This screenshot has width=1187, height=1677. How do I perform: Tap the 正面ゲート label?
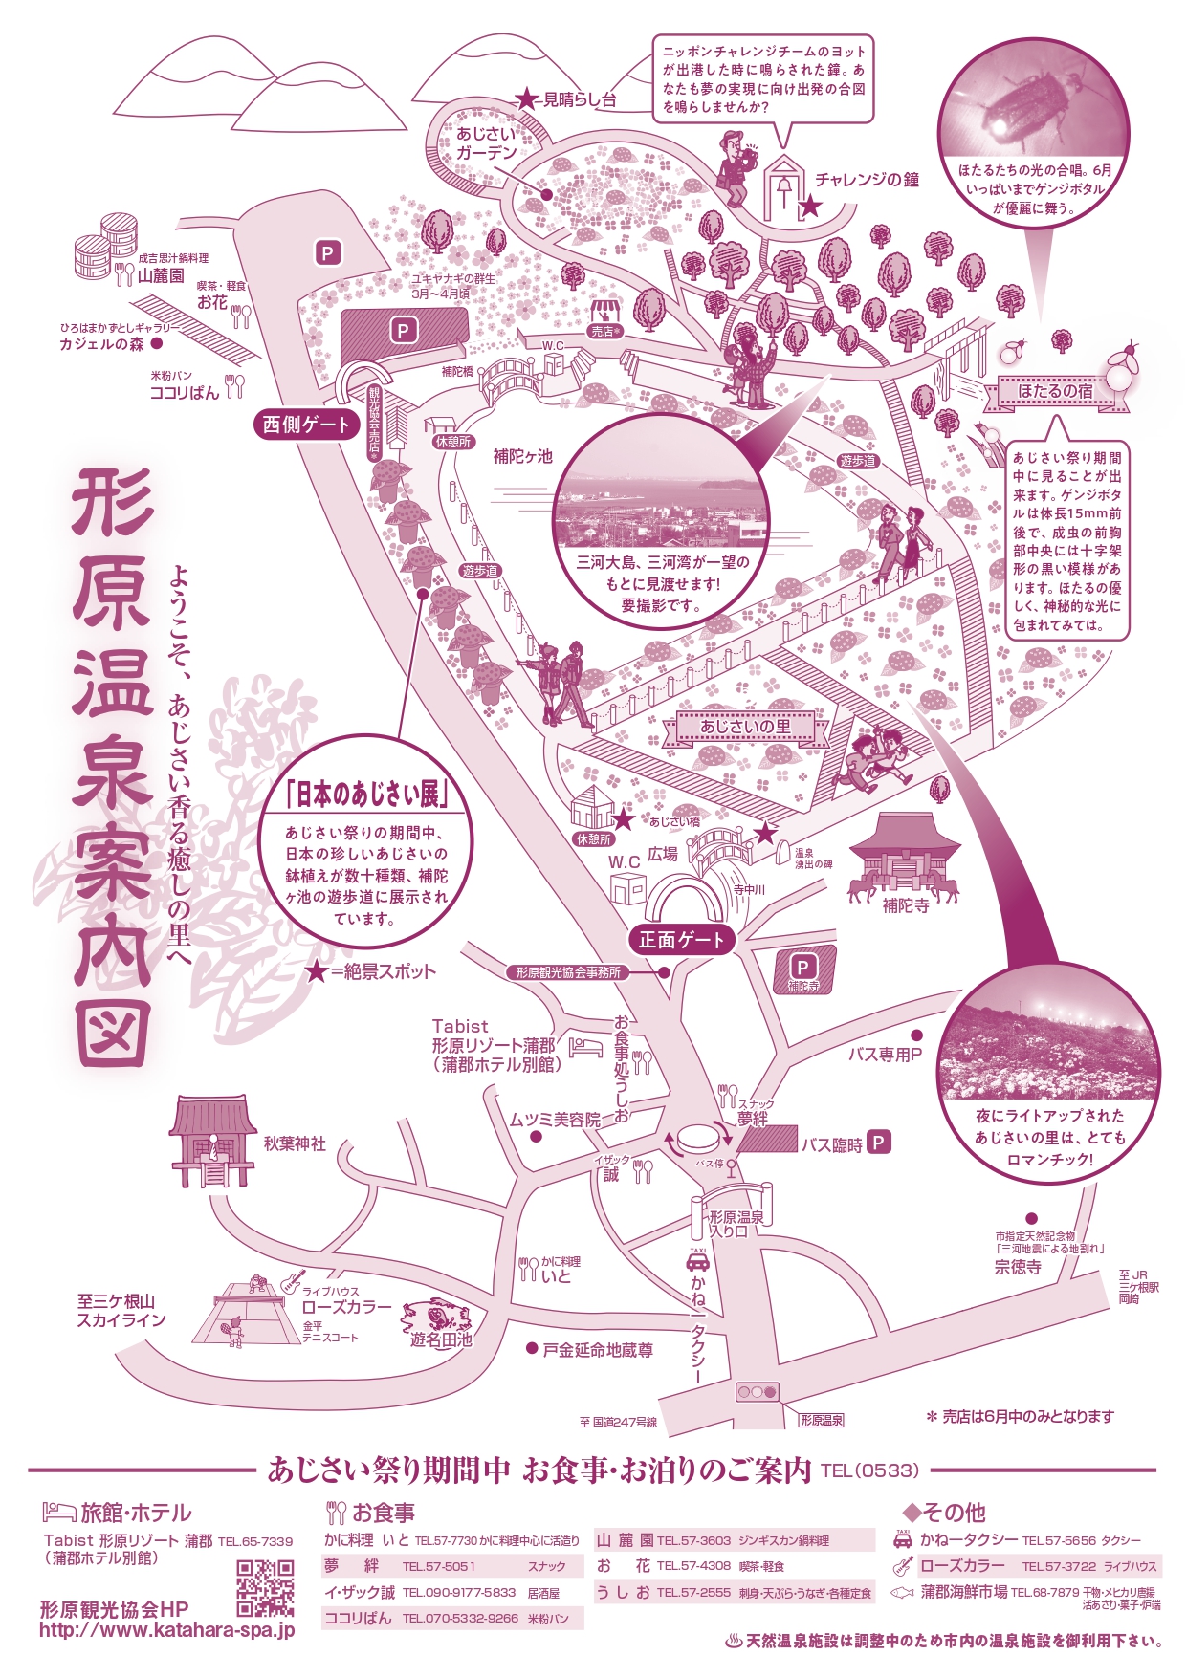tap(682, 940)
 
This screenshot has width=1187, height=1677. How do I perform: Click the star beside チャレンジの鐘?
tap(809, 206)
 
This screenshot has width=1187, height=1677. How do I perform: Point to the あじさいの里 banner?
tap(745, 727)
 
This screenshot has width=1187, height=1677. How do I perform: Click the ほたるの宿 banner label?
tap(1055, 391)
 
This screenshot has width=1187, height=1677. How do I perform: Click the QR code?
tap(265, 1588)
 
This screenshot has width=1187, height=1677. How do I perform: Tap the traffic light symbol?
tap(757, 1392)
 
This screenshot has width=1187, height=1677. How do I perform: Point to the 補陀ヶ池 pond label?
tap(523, 456)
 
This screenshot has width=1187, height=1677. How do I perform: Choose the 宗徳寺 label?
tap(1018, 1267)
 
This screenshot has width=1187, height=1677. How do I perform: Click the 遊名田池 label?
tap(441, 1340)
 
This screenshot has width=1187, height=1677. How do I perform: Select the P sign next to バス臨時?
tap(879, 1142)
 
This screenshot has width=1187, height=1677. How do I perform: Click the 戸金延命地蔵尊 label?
tap(598, 1349)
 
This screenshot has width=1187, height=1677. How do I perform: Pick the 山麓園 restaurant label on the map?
tap(161, 275)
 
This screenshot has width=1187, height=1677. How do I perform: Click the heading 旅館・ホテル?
tap(136, 1513)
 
